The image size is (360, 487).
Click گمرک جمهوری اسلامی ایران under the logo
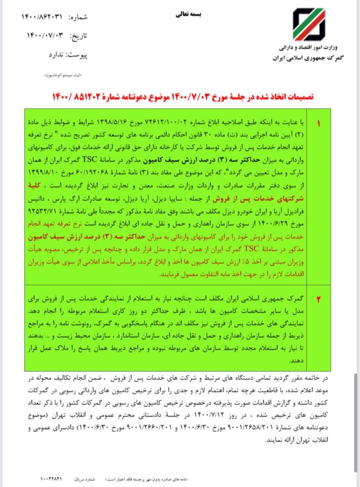tap(310, 58)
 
